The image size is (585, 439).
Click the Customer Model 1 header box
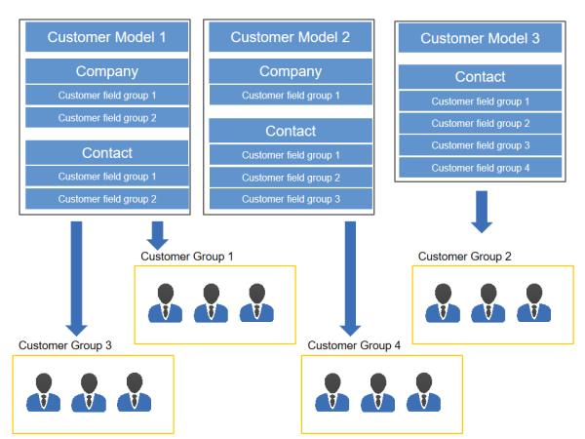point(106,37)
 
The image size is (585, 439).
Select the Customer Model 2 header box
point(291,37)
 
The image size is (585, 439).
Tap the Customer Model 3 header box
point(480,38)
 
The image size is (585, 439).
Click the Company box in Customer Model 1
point(106,71)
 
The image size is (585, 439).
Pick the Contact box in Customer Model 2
point(291,131)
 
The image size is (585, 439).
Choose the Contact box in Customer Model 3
point(480,76)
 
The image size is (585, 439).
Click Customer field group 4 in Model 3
point(480,168)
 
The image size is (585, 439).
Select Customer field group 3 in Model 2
point(291,199)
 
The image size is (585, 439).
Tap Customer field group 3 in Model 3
point(480,145)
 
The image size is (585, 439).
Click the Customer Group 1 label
point(187,257)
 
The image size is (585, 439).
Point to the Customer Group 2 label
point(464,257)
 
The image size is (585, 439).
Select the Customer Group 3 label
point(65,345)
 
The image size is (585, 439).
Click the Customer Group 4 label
point(354,345)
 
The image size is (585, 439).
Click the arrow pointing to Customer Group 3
point(76,278)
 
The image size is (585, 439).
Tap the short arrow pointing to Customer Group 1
point(157,235)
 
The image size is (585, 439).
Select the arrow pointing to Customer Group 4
point(350,278)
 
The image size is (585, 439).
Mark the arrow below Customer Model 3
point(482,212)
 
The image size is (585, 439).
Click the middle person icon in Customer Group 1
point(211,302)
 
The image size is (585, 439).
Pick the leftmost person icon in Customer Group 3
point(43,392)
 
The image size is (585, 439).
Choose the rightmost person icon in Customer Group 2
point(534,302)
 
